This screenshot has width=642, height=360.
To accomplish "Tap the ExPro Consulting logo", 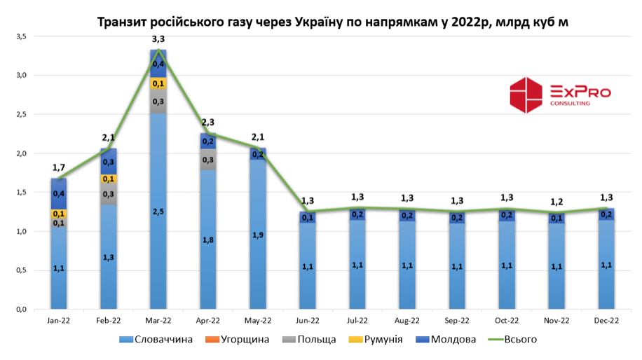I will [x=559, y=95].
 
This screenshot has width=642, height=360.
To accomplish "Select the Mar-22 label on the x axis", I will [x=158, y=321].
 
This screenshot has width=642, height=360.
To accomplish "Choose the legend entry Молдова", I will [x=449, y=340].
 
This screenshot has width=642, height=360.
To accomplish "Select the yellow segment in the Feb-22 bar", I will [x=109, y=179].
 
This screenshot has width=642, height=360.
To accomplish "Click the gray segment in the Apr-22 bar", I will [x=208, y=160].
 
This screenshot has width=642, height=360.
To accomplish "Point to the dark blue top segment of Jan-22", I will [x=59, y=193].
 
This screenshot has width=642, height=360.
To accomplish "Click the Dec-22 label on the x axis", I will [x=606, y=321].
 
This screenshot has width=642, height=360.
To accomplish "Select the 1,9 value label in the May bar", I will [x=258, y=235].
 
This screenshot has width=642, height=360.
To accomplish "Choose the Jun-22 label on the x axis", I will [x=308, y=321].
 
